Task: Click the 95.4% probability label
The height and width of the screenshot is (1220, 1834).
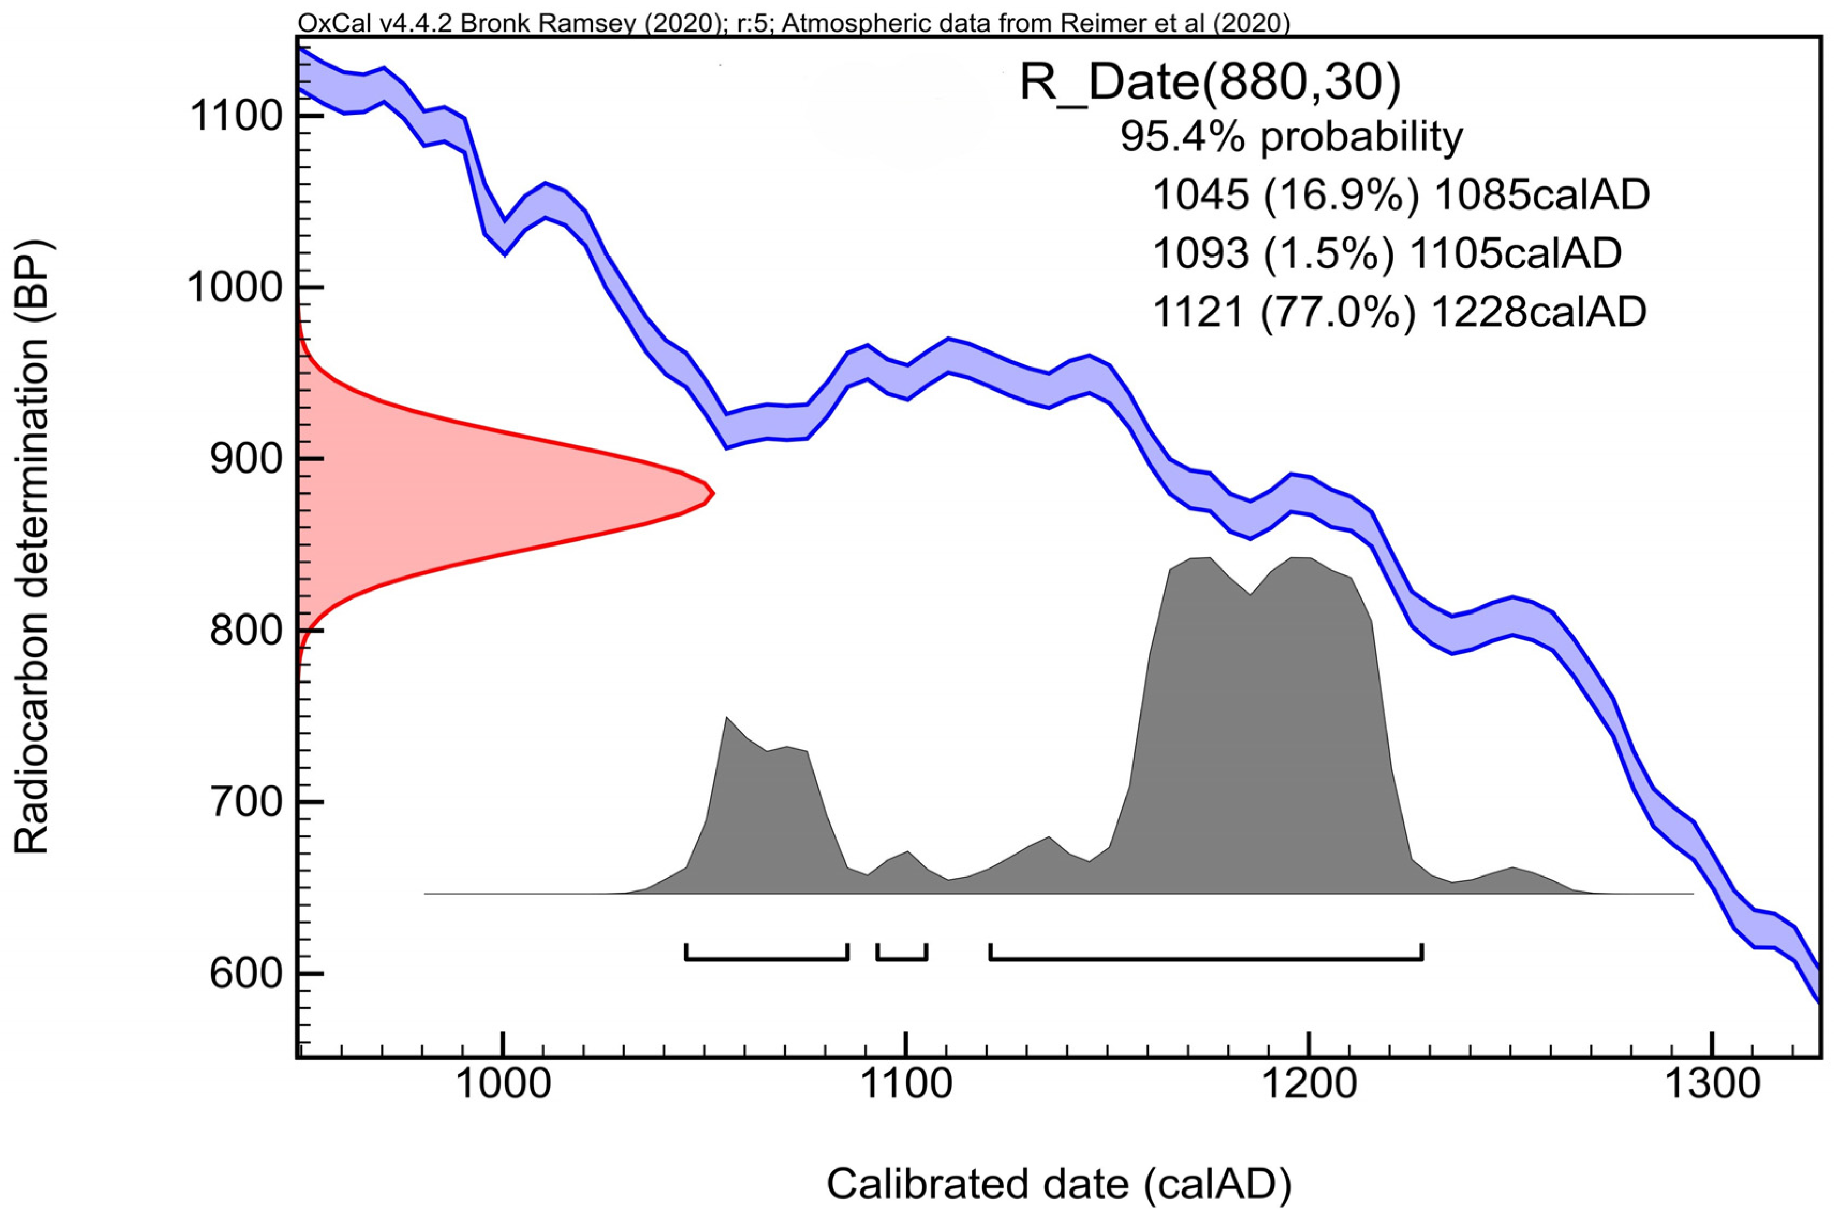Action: coord(1291,137)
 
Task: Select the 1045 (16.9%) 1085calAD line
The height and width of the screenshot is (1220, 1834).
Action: coord(1400,194)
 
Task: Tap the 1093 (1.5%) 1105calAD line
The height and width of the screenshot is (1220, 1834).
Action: coord(1386,253)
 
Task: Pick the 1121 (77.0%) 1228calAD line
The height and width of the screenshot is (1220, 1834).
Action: coord(1398,311)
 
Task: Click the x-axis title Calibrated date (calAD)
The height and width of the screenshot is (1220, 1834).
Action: coord(1058,1184)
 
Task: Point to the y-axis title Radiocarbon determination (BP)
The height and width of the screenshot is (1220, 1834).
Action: coord(33,547)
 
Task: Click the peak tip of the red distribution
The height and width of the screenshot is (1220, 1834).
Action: coord(712,492)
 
